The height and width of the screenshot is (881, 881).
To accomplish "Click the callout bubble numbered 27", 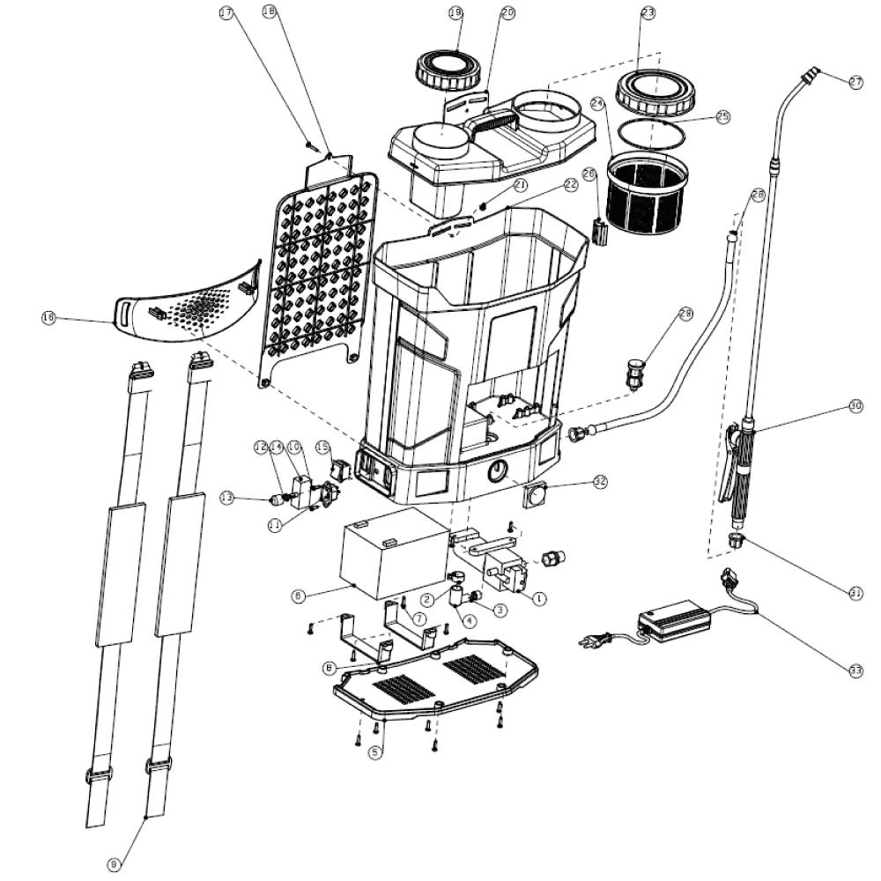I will coord(855,82).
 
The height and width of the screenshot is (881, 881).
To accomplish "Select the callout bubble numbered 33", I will coord(855,670).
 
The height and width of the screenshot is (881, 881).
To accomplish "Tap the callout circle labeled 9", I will coord(114,865).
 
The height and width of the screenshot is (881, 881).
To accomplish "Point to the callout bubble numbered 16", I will coord(48,317).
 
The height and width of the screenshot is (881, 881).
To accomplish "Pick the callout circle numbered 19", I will coord(455,13).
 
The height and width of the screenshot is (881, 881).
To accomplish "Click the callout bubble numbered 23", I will coord(648,13).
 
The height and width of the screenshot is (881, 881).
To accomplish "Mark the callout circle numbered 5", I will coord(375,753).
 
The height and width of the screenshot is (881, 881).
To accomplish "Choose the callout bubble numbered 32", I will coord(601,481).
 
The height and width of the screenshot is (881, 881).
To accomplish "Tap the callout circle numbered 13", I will coord(226,499).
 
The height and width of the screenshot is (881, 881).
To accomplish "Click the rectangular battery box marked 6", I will coord(395,551).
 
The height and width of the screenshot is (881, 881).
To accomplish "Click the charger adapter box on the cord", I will coord(676,618).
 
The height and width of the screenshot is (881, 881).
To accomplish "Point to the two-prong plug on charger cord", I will coord(590,642).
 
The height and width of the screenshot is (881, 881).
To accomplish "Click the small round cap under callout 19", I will coord(449,70).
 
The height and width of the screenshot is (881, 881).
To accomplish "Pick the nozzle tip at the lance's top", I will coord(811,73).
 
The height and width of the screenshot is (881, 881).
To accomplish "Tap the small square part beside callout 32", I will coord(537,496).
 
